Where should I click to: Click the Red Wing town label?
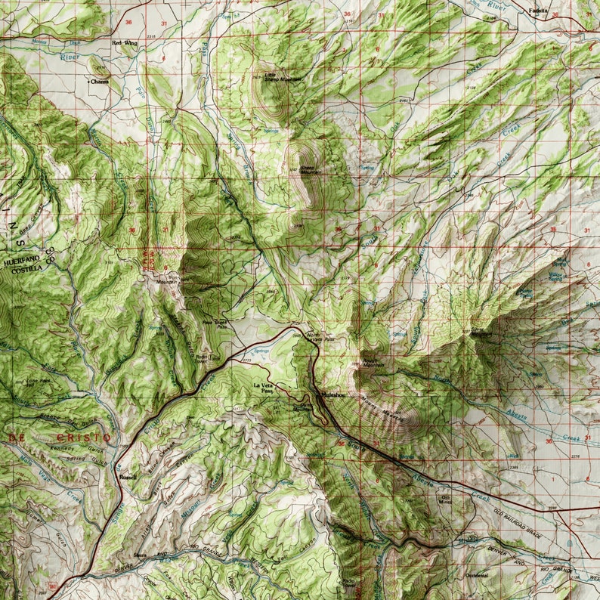[125, 43]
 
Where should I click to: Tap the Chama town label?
[100, 81]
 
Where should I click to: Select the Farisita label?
[539, 12]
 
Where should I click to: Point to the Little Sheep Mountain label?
[281, 77]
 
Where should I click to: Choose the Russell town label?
[128, 478]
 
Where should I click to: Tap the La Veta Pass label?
[262, 388]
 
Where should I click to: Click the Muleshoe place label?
[333, 395]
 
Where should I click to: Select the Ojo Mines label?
[446, 499]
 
